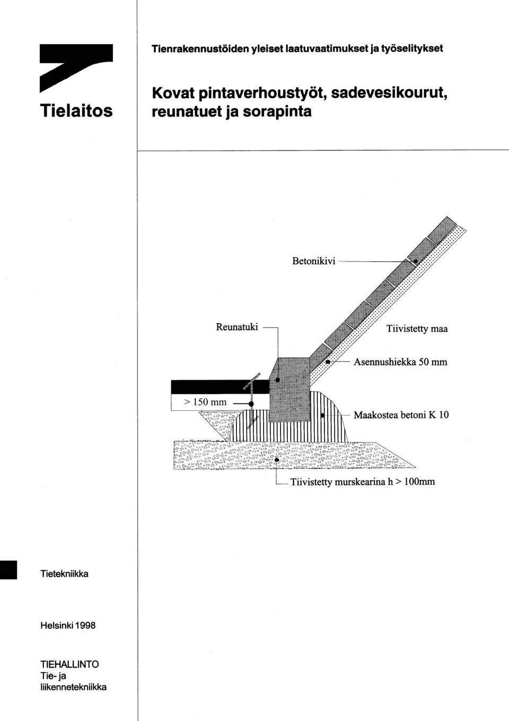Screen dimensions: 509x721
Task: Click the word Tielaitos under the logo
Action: click(76, 110)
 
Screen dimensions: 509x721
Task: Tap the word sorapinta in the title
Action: click(277, 111)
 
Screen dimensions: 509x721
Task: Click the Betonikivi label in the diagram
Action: click(314, 261)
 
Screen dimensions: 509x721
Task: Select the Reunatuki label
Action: click(237, 327)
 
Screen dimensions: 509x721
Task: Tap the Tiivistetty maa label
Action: click(417, 329)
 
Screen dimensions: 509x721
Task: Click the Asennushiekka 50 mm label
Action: click(400, 362)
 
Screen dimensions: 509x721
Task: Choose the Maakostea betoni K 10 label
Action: click(401, 415)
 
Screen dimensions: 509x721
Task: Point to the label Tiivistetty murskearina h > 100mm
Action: click(363, 482)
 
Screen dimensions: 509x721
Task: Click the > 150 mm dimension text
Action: click(205, 402)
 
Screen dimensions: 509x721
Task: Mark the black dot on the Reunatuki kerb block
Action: click(278, 380)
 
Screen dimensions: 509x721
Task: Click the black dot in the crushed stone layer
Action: click(277, 460)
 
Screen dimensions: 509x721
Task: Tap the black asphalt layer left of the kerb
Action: click(220, 387)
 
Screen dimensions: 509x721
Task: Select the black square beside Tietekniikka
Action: click(8, 570)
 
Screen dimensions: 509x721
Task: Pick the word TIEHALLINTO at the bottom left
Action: click(70, 664)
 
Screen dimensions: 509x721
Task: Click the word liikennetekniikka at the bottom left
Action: click(73, 687)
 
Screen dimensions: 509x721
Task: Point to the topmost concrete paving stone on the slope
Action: click(442, 231)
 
